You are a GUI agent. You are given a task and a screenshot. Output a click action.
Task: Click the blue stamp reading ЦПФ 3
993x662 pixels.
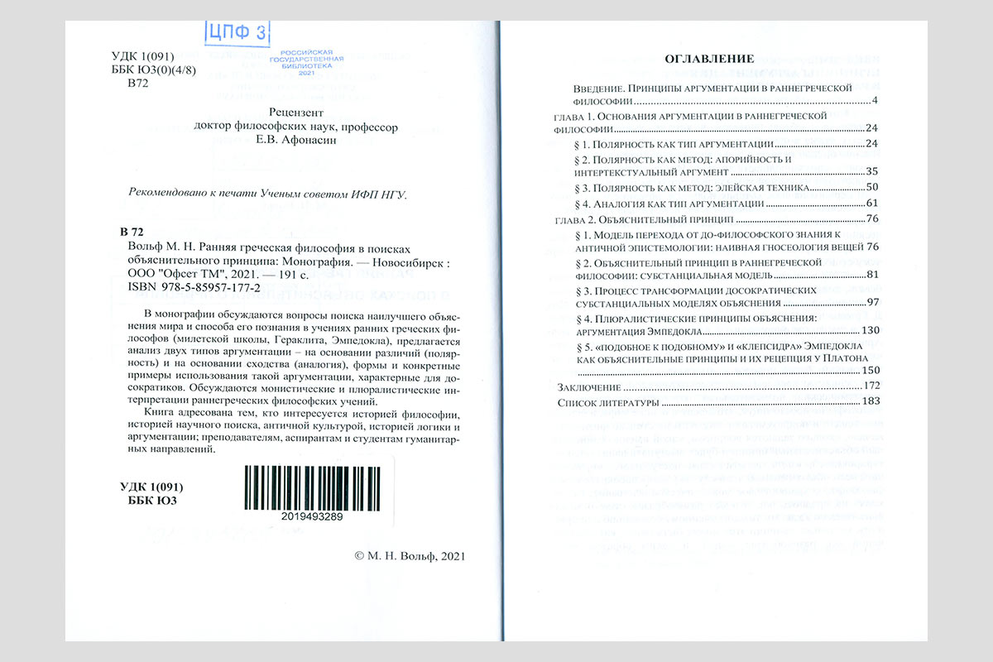click(x=237, y=34)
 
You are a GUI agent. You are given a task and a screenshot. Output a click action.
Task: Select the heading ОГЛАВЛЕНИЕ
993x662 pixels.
click(x=709, y=59)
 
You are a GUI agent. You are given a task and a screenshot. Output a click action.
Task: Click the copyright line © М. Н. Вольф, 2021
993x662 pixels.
click(x=409, y=556)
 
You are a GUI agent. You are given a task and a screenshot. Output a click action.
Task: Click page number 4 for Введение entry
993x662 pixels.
click(x=875, y=101)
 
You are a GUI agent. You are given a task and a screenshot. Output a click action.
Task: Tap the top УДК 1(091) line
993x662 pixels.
click(x=142, y=56)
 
